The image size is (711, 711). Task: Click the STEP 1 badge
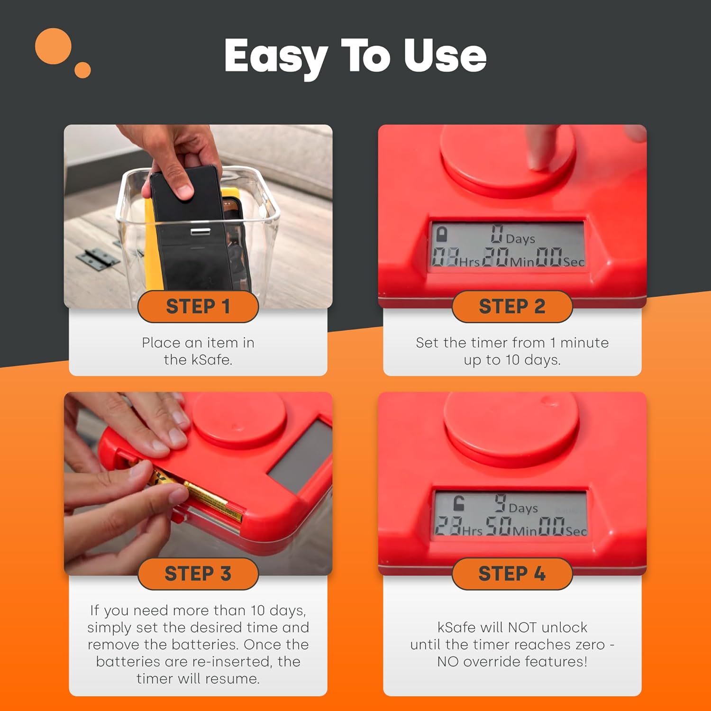(x=198, y=307)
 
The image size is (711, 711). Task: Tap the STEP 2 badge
(x=512, y=307)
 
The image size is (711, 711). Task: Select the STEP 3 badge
(x=198, y=574)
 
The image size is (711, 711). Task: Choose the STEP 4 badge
(x=512, y=574)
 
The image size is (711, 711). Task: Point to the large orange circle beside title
(x=53, y=46)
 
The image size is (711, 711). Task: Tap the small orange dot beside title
(x=82, y=70)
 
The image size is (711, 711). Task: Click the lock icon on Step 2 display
(x=442, y=234)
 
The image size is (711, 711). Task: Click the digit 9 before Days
(x=500, y=503)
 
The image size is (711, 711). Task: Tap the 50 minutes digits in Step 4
(x=499, y=526)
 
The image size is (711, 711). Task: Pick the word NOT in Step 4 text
(x=522, y=628)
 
